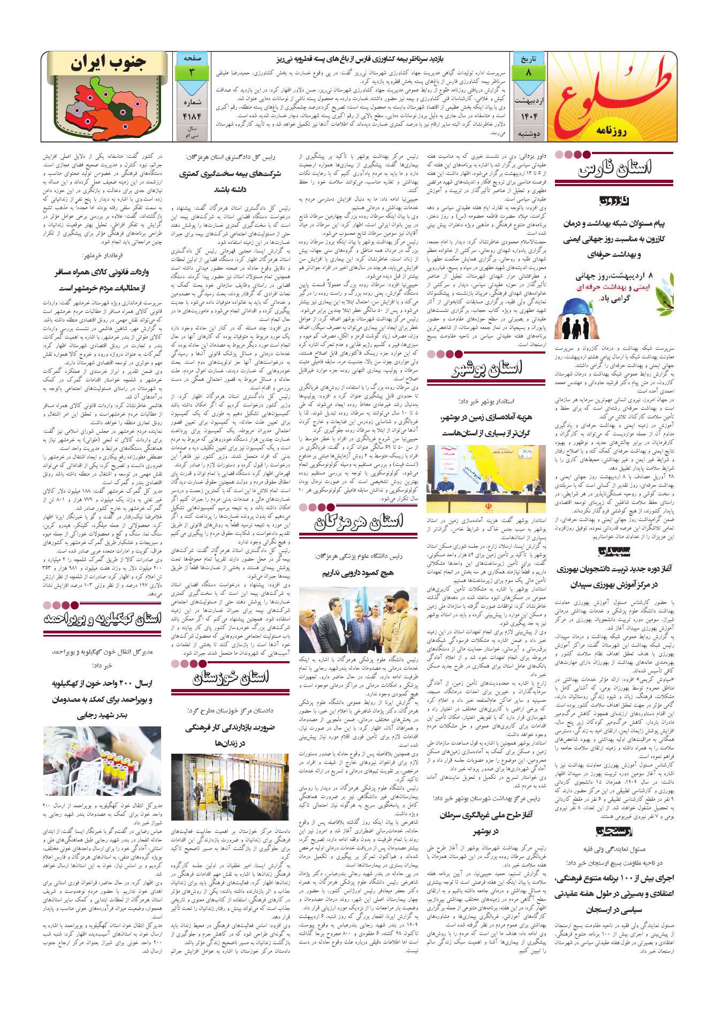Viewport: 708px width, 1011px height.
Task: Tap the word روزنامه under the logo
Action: click(611, 131)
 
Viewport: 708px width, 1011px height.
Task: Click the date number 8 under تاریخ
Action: click(528, 73)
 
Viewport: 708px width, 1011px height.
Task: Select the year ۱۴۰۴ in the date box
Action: click(528, 116)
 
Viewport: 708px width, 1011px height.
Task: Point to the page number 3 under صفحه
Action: click(192, 73)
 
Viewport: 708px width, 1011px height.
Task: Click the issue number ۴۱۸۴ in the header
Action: click(192, 116)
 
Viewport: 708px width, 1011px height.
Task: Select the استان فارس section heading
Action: click(614, 169)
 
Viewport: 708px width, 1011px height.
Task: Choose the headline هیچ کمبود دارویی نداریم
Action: click(357, 573)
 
